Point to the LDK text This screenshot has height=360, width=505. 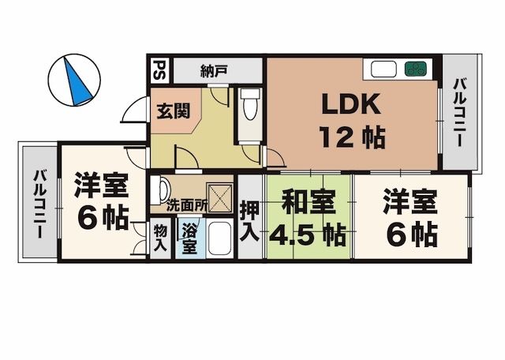[350, 105]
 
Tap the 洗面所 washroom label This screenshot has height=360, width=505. [187, 204]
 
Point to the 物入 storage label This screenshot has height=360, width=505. [160, 238]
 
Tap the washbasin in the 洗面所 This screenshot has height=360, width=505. [161, 189]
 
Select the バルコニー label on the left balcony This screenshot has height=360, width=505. [38, 204]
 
